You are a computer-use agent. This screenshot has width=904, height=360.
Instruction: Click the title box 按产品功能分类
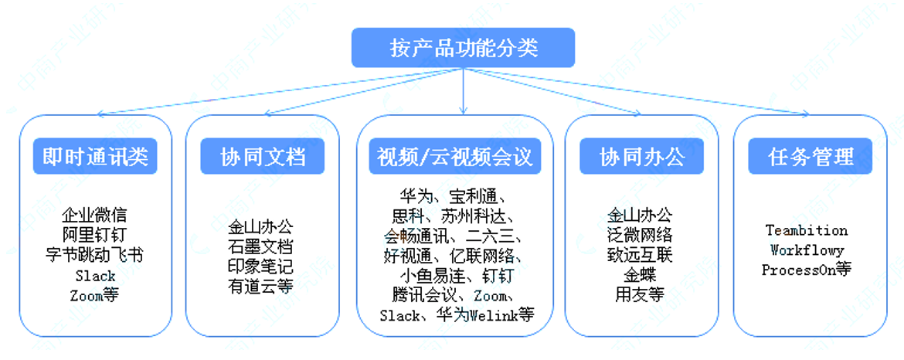coord(463,48)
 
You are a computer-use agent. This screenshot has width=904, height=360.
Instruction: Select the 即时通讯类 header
coord(95,158)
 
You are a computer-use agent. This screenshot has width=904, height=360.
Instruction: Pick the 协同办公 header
coord(642,158)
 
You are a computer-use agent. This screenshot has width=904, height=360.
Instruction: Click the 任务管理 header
coord(810,158)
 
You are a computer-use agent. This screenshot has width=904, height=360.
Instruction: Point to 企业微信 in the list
coord(95,214)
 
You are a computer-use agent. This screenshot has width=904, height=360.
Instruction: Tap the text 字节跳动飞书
coord(95,254)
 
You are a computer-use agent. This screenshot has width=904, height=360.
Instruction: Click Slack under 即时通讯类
coord(95,275)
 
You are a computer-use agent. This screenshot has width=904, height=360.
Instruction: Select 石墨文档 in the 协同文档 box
coord(261,247)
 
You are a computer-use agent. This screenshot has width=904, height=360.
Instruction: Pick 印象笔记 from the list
coord(261,267)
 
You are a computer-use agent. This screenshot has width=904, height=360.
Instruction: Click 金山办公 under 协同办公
coord(641,214)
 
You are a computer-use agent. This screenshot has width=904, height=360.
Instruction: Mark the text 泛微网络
coord(641,234)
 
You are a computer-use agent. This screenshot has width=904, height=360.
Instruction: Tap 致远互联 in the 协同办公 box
coord(641,254)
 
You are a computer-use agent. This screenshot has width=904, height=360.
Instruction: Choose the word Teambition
coord(807,230)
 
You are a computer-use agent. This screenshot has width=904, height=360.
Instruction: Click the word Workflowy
coord(807,250)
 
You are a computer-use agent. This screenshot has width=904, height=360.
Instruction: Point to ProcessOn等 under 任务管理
coord(807,270)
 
